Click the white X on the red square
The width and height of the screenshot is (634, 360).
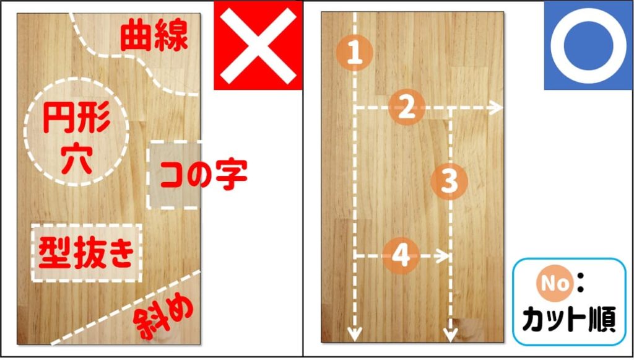pos(258,45)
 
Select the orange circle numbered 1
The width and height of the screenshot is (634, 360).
pos(354,53)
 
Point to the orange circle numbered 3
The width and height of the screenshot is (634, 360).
pos(450,182)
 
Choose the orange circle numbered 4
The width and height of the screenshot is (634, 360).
pos(401,255)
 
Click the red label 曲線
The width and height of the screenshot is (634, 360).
pos(154,36)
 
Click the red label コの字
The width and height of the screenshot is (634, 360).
pos(203,175)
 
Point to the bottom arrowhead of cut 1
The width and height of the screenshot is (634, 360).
pos(354,335)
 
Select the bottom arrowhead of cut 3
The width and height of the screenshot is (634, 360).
pos(450,335)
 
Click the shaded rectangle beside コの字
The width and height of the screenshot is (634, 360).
pos(173,175)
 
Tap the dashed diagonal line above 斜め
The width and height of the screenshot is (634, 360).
pos(124,307)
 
